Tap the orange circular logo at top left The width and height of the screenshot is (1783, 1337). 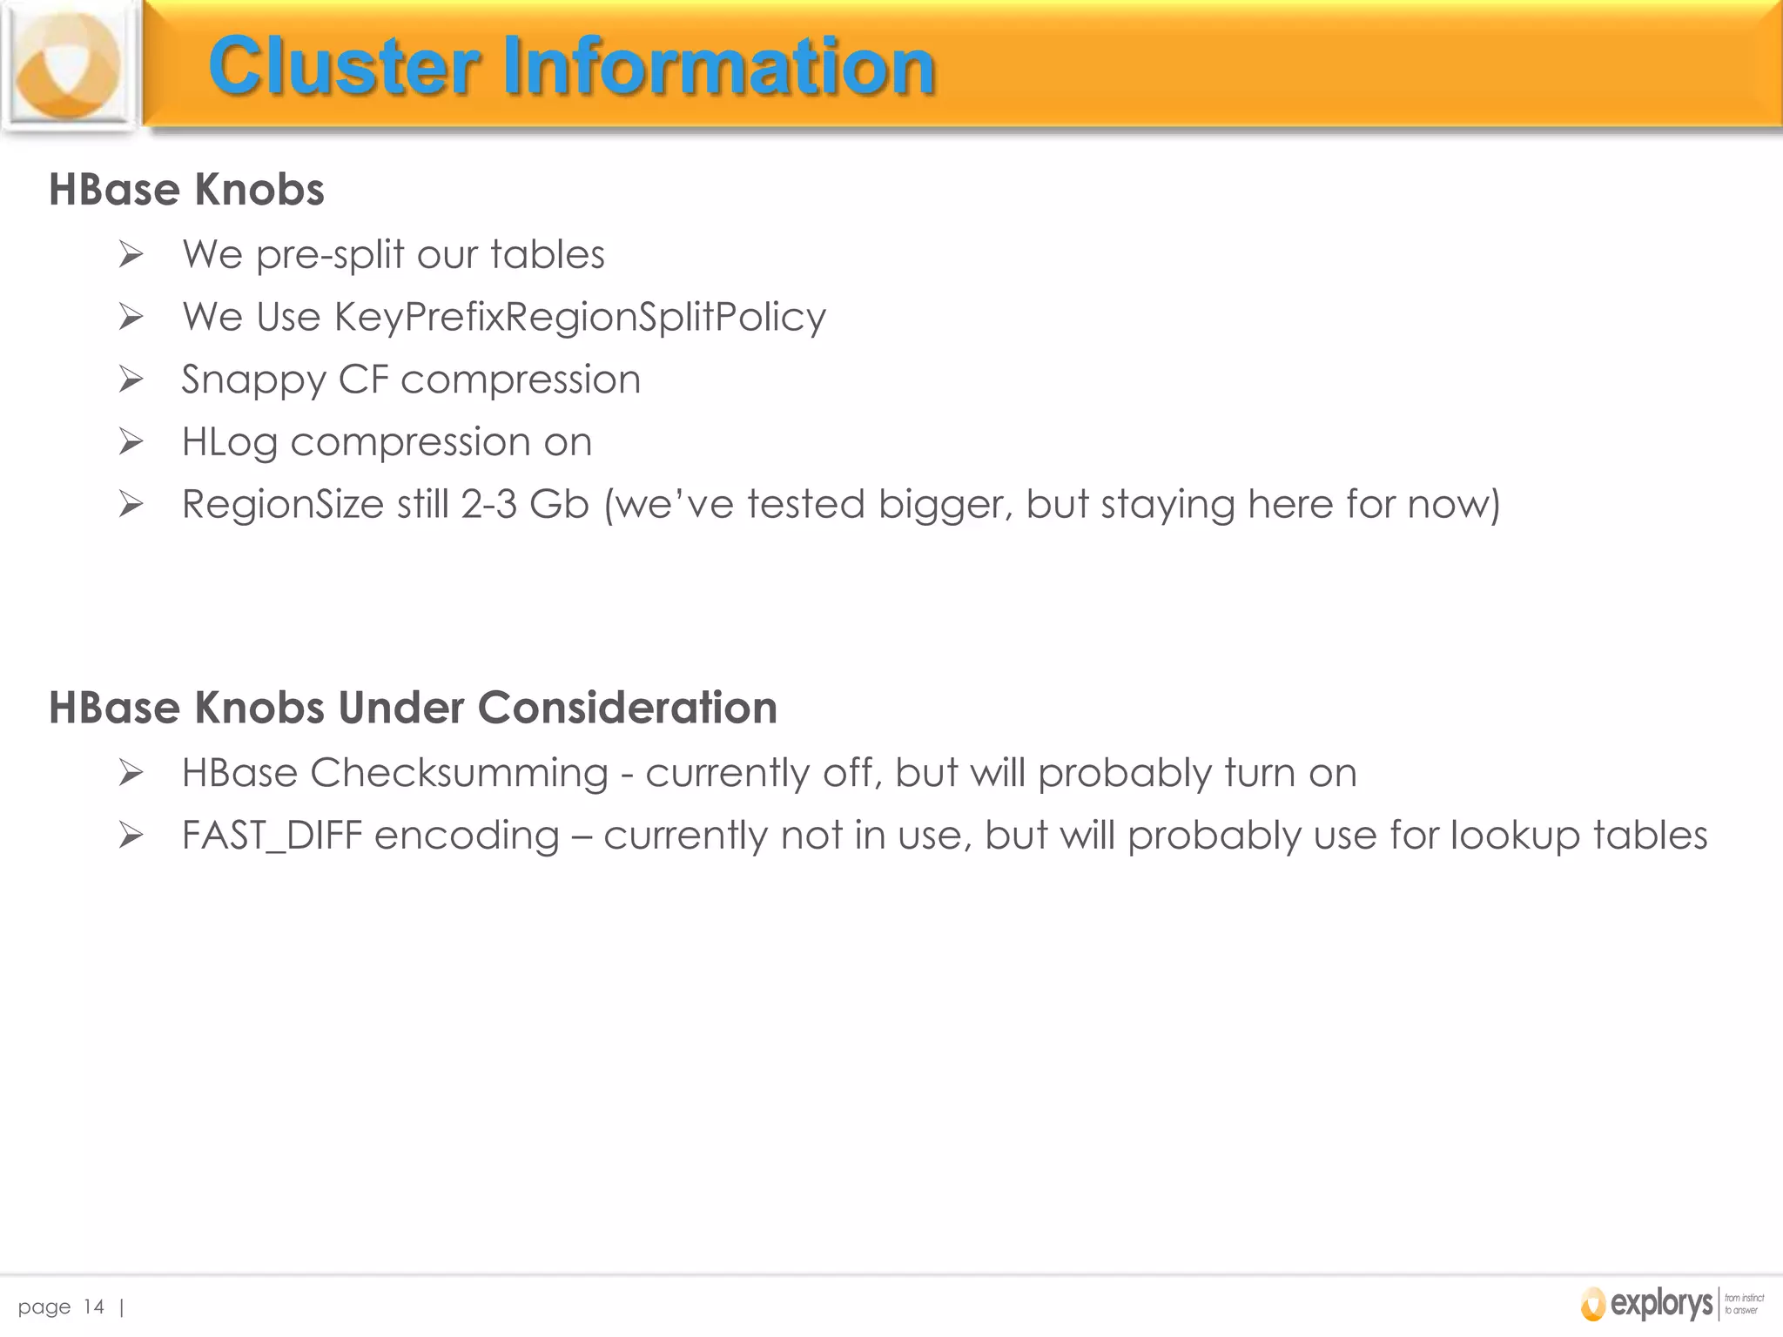tap(68, 66)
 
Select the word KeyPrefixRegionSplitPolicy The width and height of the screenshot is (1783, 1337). tap(580, 317)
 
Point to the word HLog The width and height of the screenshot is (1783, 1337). tap(229, 443)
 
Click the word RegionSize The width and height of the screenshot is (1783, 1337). tap(282, 505)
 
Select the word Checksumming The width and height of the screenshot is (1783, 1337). tap(459, 773)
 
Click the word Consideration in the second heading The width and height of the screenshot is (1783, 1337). tap(627, 707)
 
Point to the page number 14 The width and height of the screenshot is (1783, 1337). tap(93, 1307)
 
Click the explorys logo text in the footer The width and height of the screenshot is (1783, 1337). tap(1661, 1303)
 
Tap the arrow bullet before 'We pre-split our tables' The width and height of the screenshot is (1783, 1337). tap(131, 255)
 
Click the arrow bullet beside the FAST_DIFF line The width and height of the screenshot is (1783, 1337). tap(131, 836)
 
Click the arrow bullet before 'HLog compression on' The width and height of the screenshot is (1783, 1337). tap(131, 442)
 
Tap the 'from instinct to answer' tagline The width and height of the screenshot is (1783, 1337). tap(1744, 1304)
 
